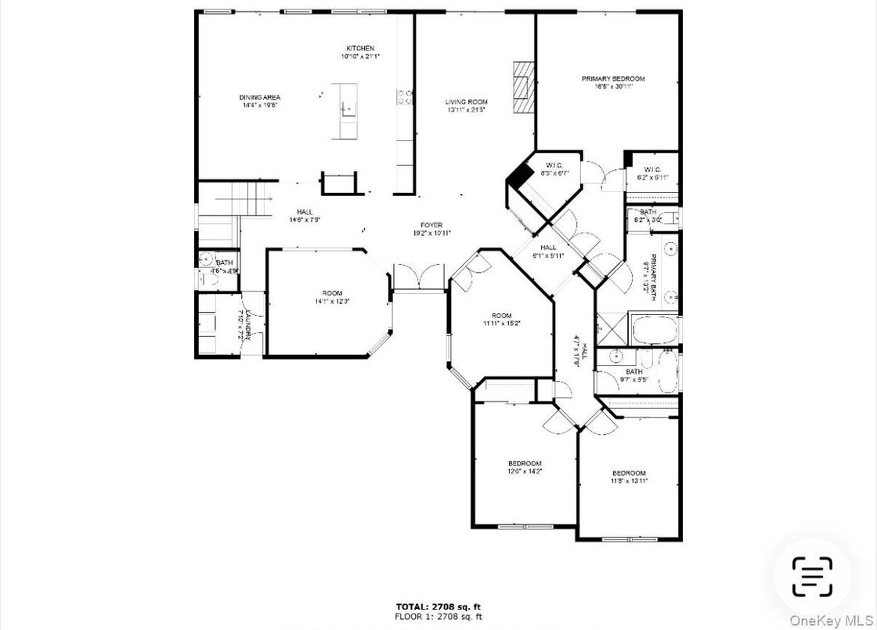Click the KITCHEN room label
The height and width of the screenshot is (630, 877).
pos(360,49)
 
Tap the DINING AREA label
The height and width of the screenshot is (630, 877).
pos(260,98)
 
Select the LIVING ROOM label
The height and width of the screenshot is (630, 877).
pos(467,102)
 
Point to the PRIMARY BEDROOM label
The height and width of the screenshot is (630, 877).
pos(612,78)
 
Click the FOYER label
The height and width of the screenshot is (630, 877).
pos(432,225)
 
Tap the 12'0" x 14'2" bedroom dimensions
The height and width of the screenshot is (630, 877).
pos(524,472)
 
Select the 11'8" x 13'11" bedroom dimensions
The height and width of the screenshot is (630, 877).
pos(629,481)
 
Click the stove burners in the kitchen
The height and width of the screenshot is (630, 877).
pos(406,97)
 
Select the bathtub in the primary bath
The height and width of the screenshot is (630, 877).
pos(655,330)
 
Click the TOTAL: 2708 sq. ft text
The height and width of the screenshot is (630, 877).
pos(438,606)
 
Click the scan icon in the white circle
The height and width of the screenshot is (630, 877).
pos(811,577)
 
